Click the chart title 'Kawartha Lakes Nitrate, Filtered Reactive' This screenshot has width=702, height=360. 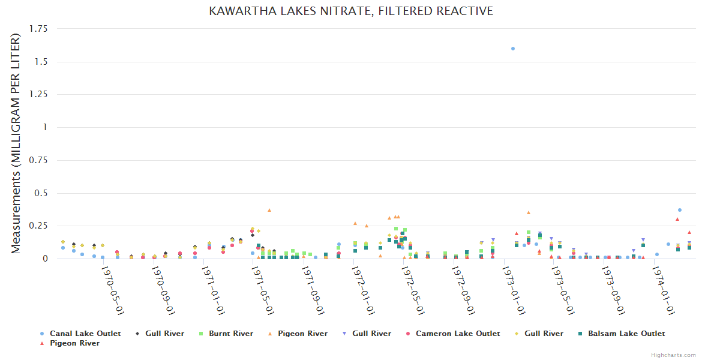351,11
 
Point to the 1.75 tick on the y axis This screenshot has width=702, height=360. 40,29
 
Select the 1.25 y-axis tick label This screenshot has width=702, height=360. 40,95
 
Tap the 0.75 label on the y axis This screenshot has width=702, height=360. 40,160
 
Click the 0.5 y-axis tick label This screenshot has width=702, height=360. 43,193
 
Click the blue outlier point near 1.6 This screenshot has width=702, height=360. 513,49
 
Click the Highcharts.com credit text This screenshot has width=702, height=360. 673,355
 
